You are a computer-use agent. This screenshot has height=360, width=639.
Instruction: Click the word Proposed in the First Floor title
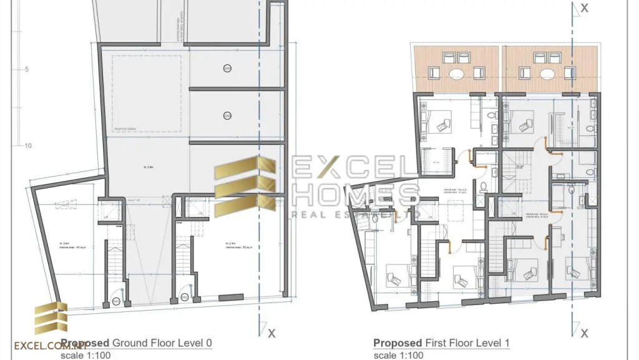pos(397,343)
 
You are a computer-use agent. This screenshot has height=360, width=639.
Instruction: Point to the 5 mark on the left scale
pos(27,69)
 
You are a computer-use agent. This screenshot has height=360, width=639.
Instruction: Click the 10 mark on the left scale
pos(27,146)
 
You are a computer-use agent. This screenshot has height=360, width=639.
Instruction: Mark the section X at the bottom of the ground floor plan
pos(271,333)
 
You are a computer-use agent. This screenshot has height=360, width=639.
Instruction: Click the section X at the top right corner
pos(584,7)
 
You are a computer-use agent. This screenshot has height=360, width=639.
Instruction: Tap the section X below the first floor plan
pos(584,333)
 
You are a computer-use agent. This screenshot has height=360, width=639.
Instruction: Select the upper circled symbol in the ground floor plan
pos(227,68)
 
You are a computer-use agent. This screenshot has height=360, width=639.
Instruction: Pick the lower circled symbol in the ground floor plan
pos(227,115)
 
